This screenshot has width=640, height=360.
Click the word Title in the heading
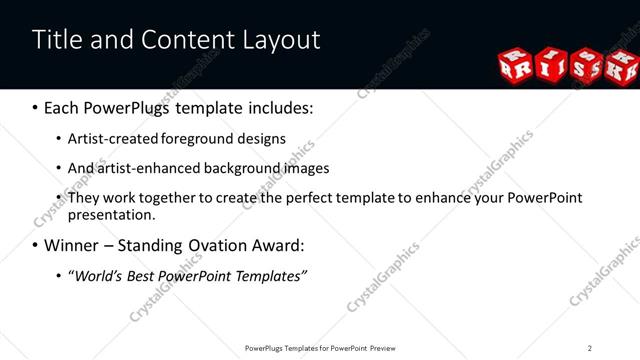coord(55,39)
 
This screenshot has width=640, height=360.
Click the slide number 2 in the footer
coord(590,348)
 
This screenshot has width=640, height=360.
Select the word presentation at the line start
coord(111,214)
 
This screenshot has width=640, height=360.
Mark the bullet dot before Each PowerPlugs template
coord(36,107)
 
